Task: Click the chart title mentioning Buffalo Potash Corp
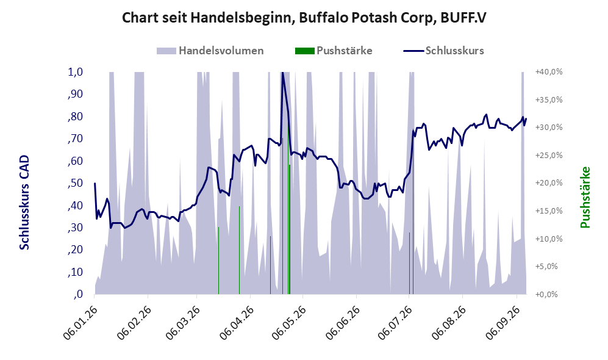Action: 304,18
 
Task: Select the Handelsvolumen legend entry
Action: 210,51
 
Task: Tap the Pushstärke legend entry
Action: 334,51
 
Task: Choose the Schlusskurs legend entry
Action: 443,51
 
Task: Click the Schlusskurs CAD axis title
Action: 24,203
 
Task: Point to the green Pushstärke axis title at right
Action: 585,198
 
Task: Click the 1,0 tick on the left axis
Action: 75,72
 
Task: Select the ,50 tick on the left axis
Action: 75,182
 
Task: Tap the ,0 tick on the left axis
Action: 78,294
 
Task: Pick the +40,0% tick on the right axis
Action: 549,72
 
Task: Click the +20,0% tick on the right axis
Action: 549,182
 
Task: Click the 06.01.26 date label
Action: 80,323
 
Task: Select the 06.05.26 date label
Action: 289,323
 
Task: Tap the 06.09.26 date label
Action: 503,323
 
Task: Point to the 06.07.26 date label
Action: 395,323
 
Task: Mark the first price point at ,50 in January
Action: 95,183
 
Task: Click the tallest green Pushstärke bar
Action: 282,216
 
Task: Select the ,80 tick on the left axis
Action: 75,117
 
